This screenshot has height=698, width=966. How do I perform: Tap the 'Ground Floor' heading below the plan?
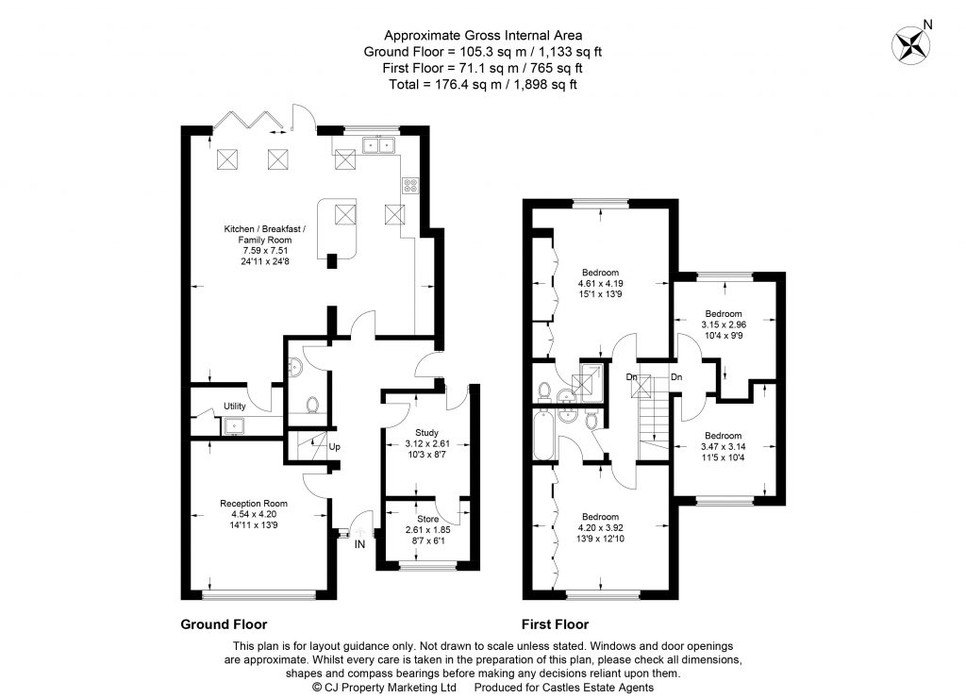click(x=224, y=624)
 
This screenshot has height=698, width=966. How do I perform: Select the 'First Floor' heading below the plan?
click(x=555, y=624)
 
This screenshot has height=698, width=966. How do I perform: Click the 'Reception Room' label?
click(x=254, y=503)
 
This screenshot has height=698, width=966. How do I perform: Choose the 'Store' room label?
click(x=416, y=519)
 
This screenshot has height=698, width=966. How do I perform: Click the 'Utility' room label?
click(x=235, y=407)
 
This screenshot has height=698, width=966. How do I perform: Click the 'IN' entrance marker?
click(x=359, y=544)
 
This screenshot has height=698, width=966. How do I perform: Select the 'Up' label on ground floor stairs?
click(x=334, y=447)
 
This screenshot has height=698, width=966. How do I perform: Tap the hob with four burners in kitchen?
click(x=410, y=186)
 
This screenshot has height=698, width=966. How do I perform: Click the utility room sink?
click(x=233, y=426)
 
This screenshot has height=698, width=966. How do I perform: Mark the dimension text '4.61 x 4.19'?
click(x=601, y=283)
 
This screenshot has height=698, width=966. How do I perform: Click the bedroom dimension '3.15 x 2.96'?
click(x=724, y=324)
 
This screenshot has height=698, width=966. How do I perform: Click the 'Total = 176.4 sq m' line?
click(x=483, y=84)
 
